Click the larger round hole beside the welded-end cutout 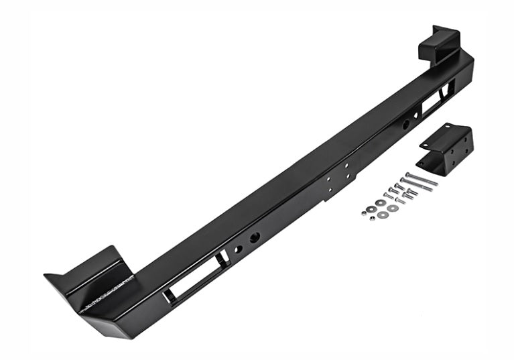[255, 238]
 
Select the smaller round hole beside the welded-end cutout [237, 249]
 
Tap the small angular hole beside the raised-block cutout [417, 115]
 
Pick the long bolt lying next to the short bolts [409, 188]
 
